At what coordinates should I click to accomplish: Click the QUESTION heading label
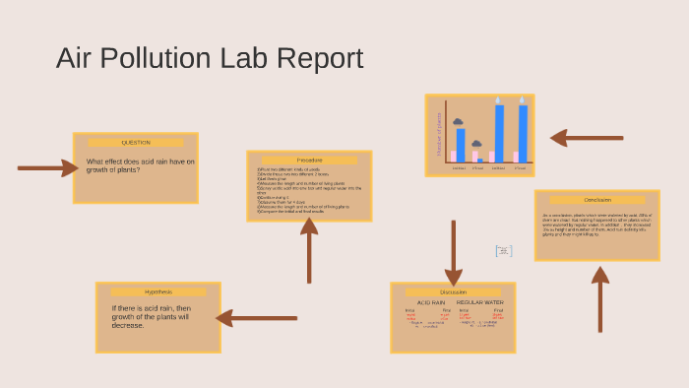pos(136,143)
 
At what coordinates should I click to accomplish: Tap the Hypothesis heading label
pos(158,292)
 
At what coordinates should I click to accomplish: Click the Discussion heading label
pos(453,292)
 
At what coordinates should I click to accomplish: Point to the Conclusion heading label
pos(596,200)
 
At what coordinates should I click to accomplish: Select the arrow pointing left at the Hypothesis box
pos(256,317)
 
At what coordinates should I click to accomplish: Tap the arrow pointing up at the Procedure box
pos(309,250)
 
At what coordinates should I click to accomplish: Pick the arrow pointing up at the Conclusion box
pos(600,300)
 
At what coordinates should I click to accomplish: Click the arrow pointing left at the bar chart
pos(586,138)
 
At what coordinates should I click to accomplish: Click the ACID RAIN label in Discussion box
pos(431,302)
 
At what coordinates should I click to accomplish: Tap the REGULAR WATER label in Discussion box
pos(479,302)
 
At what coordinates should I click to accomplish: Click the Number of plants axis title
pos(438,133)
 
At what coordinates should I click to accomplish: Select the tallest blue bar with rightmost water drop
pos(523,133)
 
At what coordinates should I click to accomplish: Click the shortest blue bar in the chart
pos(479,159)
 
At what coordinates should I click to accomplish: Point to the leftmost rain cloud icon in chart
pos(458,122)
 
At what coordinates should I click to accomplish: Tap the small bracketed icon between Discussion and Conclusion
pos(504,251)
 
